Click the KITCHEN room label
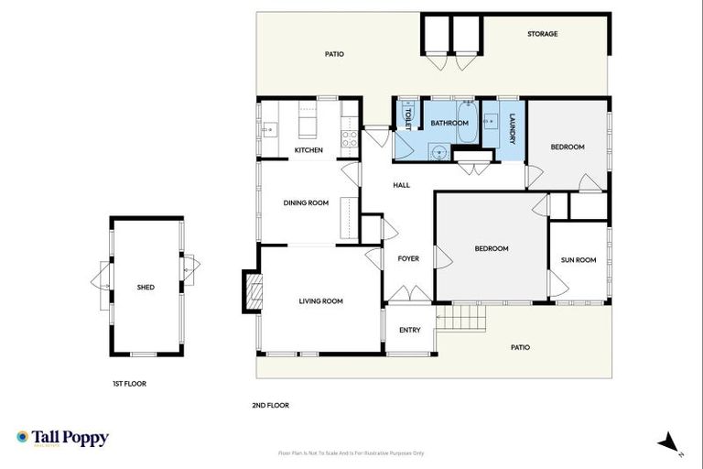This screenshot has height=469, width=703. (308, 150)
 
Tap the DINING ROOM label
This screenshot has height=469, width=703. (305, 203)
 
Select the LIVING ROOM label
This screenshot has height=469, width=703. (320, 301)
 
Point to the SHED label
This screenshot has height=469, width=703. (146, 288)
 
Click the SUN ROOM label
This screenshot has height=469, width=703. (578, 260)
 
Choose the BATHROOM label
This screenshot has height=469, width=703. (449, 123)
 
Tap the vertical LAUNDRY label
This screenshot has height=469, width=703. (513, 128)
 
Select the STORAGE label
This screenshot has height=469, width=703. (542, 34)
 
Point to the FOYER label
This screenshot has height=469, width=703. (408, 258)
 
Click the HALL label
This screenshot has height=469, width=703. (401, 185)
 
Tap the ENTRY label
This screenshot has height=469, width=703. (410, 330)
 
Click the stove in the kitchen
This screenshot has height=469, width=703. (349, 139)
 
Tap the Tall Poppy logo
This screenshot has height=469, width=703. (62, 438)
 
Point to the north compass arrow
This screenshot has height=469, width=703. (669, 442)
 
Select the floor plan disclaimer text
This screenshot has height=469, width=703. (351, 453)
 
